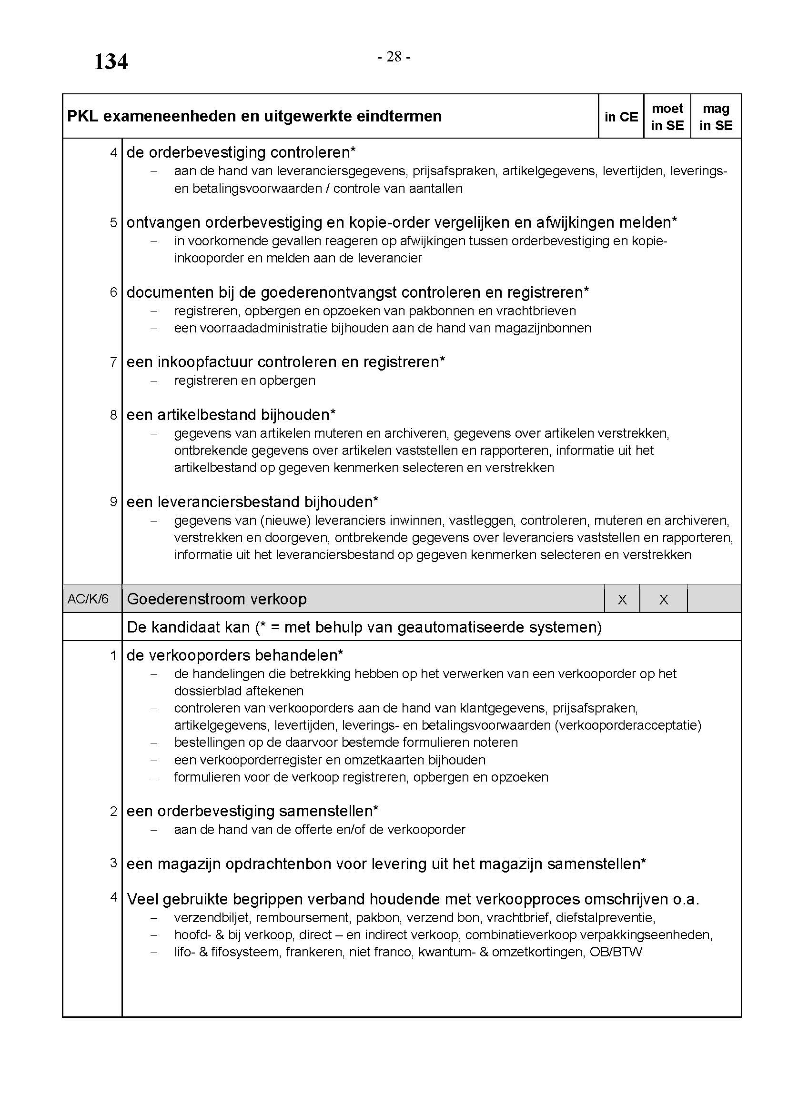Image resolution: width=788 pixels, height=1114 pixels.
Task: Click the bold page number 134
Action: [111, 61]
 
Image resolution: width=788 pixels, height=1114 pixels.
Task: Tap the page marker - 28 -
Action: [394, 57]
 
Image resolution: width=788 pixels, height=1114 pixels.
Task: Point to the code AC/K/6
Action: [88, 599]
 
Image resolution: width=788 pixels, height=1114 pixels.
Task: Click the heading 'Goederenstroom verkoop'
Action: [216, 599]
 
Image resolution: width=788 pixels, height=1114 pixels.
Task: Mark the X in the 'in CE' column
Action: [622, 600]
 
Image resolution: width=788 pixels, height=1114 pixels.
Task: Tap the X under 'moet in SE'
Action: [663, 600]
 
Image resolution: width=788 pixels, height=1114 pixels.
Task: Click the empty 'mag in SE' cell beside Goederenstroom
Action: [714, 599]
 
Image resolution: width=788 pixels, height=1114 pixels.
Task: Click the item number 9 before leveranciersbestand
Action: [113, 502]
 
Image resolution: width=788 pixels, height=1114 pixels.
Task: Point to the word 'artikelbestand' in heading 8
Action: [208, 415]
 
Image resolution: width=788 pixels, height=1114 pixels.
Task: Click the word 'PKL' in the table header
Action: [83, 116]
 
